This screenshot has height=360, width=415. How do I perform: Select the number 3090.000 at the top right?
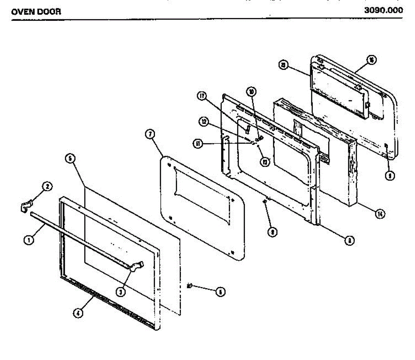(383, 10)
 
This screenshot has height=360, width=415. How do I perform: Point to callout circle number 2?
(47, 187)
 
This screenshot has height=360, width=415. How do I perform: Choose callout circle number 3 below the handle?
(120, 292)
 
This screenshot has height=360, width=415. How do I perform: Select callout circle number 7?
(150, 135)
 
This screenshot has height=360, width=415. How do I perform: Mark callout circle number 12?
(205, 122)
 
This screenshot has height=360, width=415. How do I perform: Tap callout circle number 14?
(380, 214)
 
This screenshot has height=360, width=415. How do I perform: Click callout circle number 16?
(371, 60)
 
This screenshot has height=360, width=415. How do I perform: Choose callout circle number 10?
(251, 91)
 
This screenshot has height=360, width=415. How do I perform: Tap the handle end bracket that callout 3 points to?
(138, 265)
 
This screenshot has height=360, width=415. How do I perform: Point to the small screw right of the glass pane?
(190, 286)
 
